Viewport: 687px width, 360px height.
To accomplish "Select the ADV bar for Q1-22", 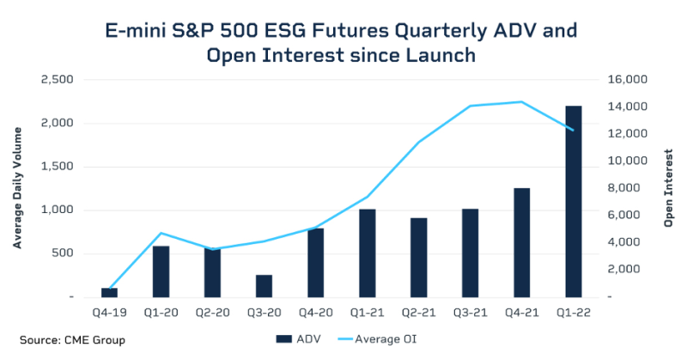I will click(x=573, y=201).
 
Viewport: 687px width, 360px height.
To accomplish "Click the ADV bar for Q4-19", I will click(x=109, y=292).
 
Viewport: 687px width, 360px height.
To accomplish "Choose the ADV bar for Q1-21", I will click(x=367, y=253).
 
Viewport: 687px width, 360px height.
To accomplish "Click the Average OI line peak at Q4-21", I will click(x=521, y=102).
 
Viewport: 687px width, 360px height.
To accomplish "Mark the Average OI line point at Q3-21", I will click(x=470, y=107).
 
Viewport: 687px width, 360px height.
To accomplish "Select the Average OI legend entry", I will click(x=386, y=339).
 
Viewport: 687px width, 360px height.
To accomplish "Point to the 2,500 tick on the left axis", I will click(x=57, y=80).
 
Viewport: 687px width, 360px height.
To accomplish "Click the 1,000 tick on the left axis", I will click(x=57, y=210).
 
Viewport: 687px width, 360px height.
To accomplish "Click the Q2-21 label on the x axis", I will click(x=418, y=314).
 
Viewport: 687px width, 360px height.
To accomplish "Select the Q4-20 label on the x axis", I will click(x=315, y=314).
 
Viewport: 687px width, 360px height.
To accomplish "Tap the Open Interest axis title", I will click(x=670, y=188).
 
